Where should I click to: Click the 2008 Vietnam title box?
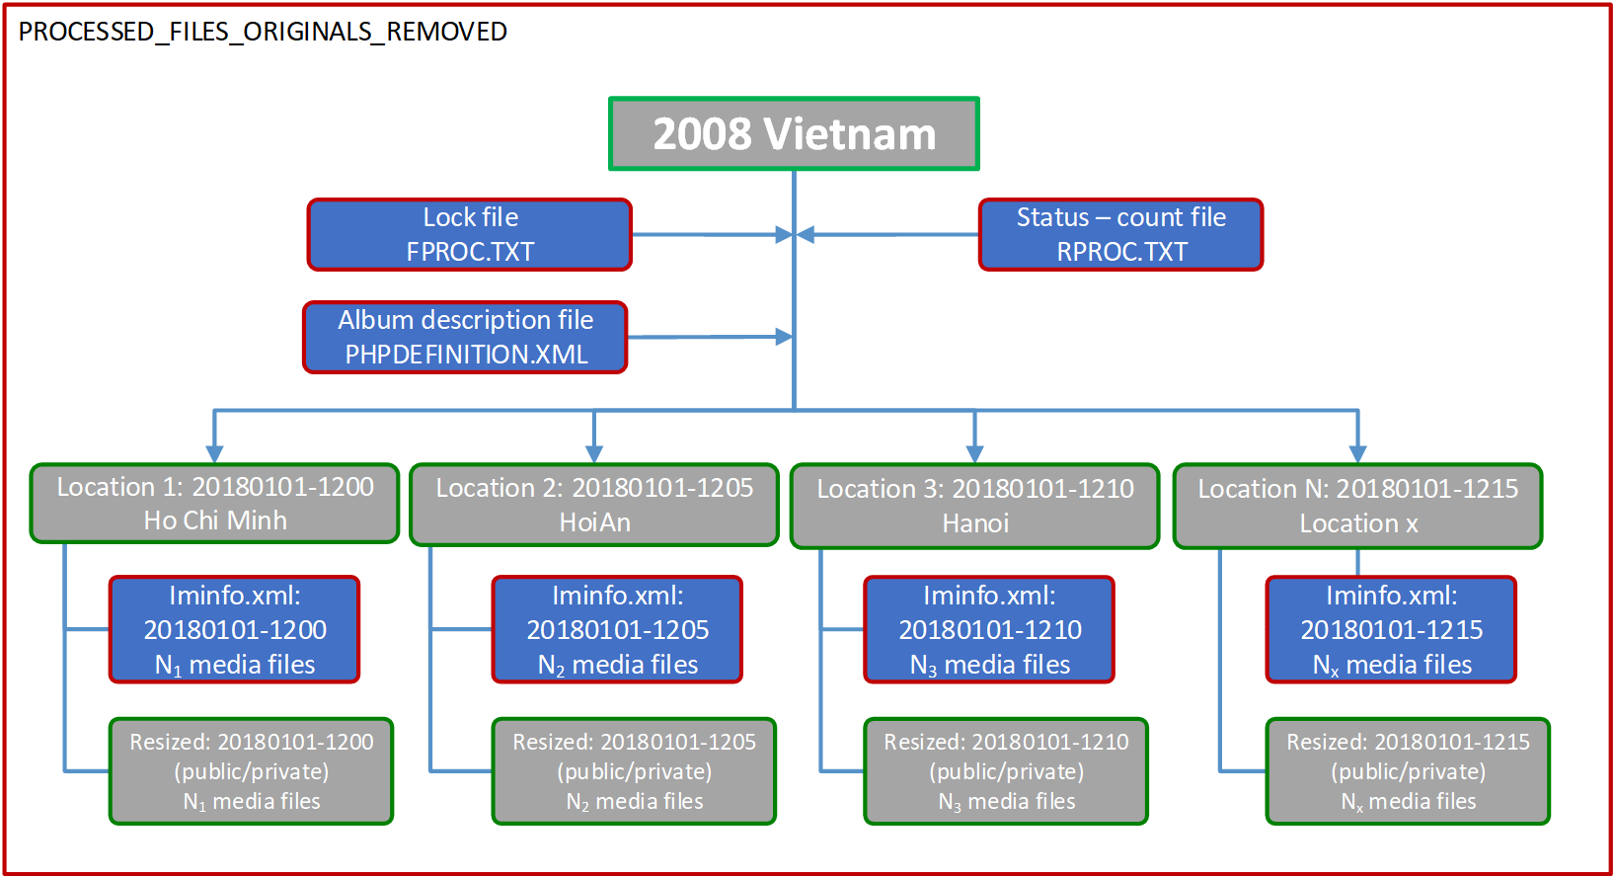coord(794,134)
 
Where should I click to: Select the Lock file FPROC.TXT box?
coord(470,235)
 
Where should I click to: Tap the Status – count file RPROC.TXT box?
coord(1120,235)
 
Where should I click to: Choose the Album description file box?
coord(465,338)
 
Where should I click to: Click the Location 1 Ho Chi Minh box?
coord(214,504)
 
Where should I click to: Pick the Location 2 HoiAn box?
coord(594,505)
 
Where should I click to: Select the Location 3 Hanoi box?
coord(974,506)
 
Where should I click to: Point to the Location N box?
coord(1357,506)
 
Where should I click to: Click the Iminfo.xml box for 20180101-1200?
coord(234,630)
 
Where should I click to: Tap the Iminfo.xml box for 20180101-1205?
coord(617,630)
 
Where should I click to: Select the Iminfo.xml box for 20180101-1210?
coord(989,630)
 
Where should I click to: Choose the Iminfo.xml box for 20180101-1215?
coord(1391,630)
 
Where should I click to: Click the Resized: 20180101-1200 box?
coord(251,771)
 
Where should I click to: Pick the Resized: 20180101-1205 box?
coord(634,771)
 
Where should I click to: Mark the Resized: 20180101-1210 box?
coord(1006,771)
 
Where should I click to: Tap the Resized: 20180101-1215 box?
coord(1408,771)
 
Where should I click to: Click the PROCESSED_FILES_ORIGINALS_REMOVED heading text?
coord(263,32)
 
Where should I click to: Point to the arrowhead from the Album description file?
coord(784,337)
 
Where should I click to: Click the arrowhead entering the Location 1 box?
coord(214,453)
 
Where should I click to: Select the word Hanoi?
coord(975,523)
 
